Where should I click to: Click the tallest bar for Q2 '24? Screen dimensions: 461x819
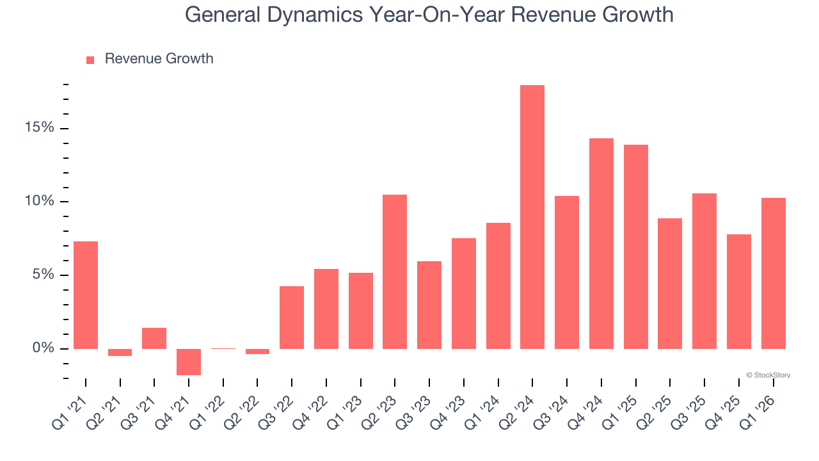click(532, 217)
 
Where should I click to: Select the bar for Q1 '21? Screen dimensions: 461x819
click(86, 295)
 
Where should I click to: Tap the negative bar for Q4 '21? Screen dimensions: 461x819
click(189, 362)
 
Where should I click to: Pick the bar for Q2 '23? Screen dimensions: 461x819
click(395, 271)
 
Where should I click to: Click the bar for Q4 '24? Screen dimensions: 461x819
click(601, 243)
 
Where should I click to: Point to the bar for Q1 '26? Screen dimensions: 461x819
click(773, 273)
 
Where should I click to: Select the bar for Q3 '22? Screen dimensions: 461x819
click(292, 318)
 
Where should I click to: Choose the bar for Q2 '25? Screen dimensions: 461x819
click(670, 284)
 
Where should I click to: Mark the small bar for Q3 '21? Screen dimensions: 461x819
click(154, 338)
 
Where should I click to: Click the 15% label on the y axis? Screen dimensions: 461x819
click(39, 128)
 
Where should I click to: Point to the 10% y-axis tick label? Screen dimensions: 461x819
click(39, 202)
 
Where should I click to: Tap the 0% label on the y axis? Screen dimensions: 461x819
click(43, 348)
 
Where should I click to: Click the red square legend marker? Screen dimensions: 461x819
click(90, 60)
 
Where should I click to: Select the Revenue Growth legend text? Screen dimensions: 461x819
click(159, 59)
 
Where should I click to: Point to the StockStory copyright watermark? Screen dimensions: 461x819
click(768, 375)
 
